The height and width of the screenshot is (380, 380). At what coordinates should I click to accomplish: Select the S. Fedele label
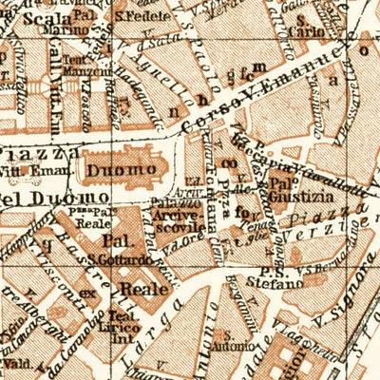point(135,16)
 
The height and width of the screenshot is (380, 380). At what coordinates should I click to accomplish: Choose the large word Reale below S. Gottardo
point(142,287)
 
